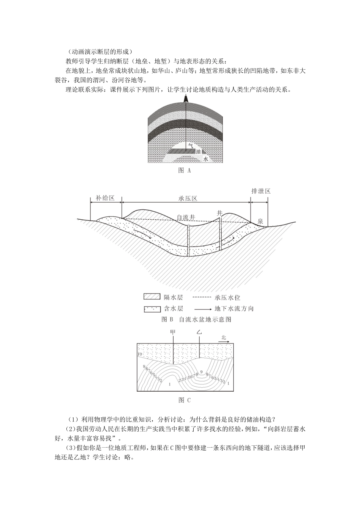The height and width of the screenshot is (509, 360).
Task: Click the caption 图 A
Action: (x=185, y=170)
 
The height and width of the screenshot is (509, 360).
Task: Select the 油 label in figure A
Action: (x=197, y=151)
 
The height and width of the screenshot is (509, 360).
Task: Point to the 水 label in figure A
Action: (x=205, y=159)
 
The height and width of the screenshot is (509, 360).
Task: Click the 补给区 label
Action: (x=105, y=198)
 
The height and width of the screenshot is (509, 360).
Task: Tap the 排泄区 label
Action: (x=261, y=191)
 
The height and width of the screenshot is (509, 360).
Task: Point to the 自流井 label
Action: (x=186, y=217)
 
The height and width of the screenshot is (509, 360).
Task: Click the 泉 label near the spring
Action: (x=260, y=221)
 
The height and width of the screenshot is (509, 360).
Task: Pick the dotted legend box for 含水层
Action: (x=151, y=309)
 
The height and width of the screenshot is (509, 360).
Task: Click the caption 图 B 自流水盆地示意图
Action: (x=196, y=319)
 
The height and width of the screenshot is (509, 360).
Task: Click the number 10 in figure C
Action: (x=140, y=354)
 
